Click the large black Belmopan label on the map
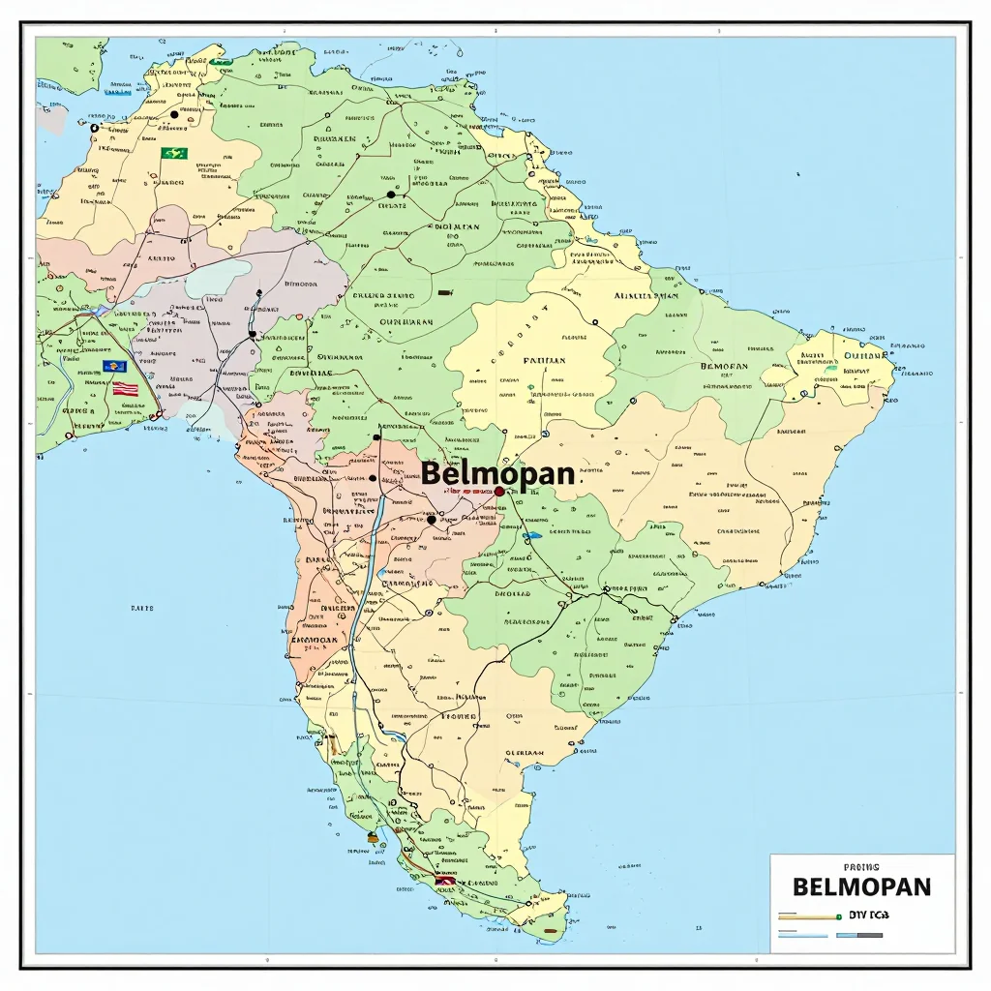[497, 474]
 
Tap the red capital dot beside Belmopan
[499, 492]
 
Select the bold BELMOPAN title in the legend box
[860, 886]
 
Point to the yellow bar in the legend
[809, 916]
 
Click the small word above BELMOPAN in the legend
[860, 868]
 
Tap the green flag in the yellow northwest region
[174, 153]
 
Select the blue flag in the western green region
[114, 368]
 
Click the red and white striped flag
[124, 388]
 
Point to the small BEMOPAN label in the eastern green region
[724, 367]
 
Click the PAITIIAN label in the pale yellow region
[544, 360]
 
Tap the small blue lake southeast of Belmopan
[531, 535]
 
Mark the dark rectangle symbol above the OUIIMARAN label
[445, 290]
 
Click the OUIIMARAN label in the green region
[405, 322]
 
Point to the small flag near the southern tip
[444, 880]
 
